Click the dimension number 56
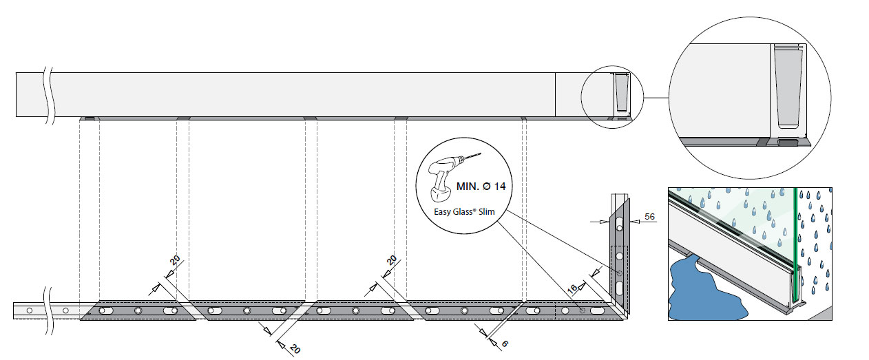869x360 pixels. [x=649, y=216]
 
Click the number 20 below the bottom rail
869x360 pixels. [x=294, y=348]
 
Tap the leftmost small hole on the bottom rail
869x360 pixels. [x=29, y=311]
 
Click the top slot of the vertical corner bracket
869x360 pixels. [x=619, y=222]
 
